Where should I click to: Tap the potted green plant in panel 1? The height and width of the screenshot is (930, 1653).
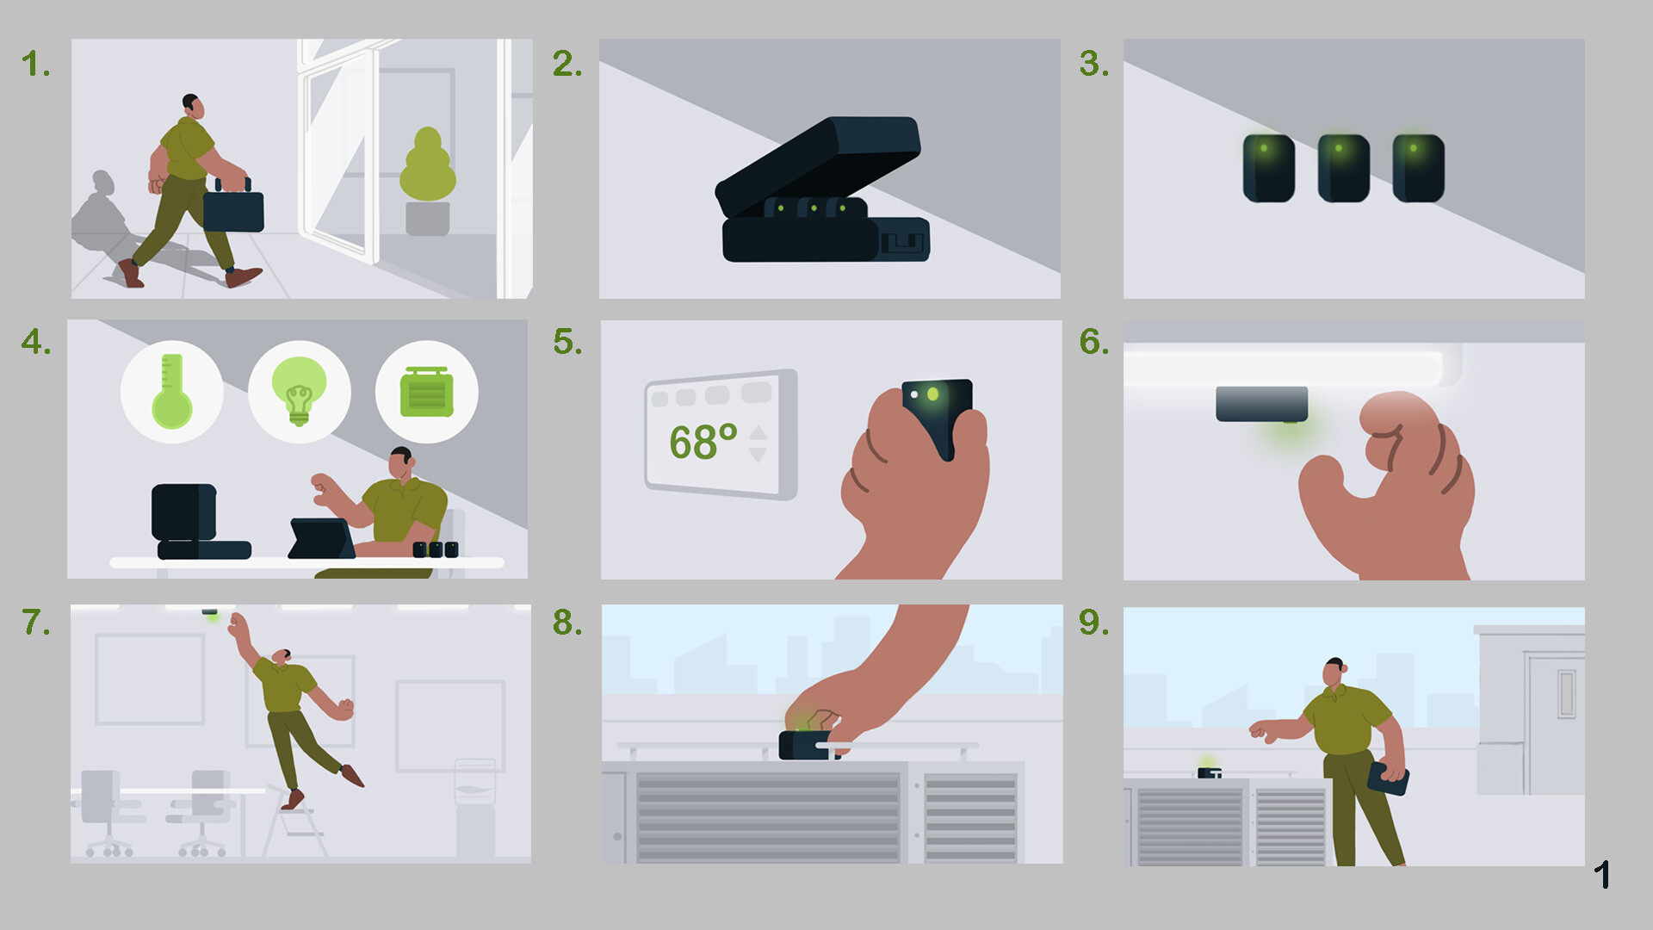428,182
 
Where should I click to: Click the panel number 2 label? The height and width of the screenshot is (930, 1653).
567,64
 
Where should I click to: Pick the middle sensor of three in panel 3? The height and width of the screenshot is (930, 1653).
1343,168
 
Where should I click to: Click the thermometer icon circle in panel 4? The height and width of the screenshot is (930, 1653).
171,392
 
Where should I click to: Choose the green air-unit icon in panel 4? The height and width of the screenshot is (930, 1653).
426,393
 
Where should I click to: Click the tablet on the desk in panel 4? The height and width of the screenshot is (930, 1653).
320,539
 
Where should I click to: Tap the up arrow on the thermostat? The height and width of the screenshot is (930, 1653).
758,432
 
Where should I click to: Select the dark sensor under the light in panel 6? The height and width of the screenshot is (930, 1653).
1261,404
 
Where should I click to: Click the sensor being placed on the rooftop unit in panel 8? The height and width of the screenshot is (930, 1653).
806,745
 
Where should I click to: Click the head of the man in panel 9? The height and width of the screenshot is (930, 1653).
1333,673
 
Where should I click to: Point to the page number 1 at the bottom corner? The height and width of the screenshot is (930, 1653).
1601,875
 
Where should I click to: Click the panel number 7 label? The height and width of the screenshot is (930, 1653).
36,623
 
